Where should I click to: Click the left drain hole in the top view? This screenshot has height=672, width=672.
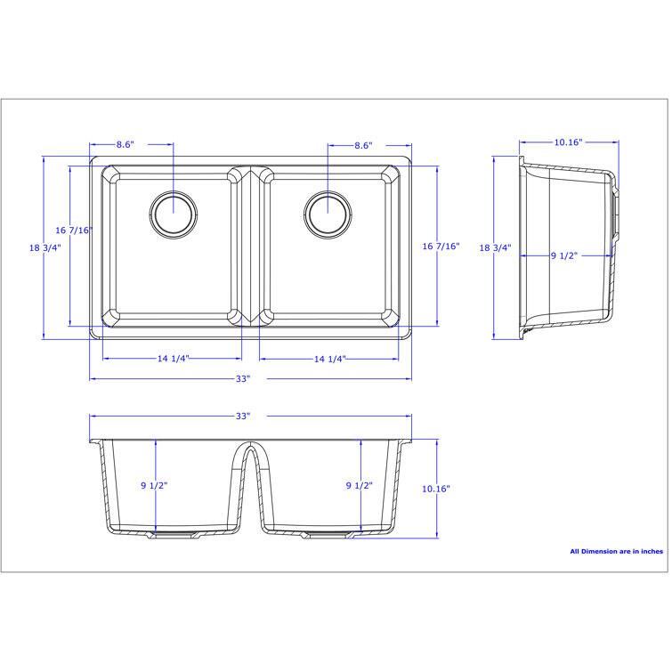click(173, 213)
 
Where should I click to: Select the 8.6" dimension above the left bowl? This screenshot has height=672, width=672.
click(125, 144)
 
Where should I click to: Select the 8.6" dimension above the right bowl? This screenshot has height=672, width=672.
click(362, 144)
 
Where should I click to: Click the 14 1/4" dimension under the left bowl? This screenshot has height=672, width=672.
click(174, 359)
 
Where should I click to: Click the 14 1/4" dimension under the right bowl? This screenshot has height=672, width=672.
click(329, 359)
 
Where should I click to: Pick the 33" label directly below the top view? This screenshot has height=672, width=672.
click(243, 379)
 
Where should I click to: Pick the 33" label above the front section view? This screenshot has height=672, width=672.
click(243, 416)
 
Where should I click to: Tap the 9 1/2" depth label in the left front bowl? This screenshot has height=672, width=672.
click(154, 486)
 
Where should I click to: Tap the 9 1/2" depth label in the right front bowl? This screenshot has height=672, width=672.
click(359, 486)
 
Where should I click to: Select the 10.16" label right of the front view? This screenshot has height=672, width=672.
click(436, 489)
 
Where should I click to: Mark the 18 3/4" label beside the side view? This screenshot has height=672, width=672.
click(495, 248)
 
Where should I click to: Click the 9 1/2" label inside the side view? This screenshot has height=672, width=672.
click(564, 256)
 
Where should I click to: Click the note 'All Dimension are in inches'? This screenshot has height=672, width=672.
click(616, 551)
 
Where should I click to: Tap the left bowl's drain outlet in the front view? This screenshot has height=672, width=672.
click(171, 536)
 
